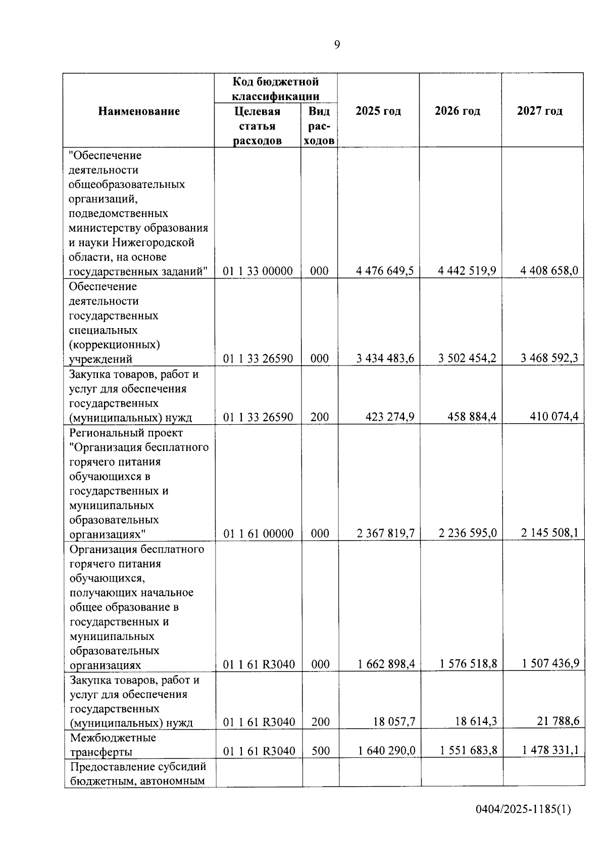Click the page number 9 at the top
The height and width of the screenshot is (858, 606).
coord(337,45)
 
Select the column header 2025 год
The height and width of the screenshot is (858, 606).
coord(378,111)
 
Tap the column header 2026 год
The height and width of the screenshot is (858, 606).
coord(458,111)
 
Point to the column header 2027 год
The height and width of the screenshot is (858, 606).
coord(540,111)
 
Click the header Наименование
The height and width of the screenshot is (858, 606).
coord(139,111)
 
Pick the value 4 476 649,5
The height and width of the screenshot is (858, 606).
coord(385,271)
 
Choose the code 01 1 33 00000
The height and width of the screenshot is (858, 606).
coord(258,271)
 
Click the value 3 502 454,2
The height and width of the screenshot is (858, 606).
coord(467,358)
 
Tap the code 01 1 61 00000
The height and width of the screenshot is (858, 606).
coord(258,533)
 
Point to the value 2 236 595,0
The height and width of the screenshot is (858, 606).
coord(468,533)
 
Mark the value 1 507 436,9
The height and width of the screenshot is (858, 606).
coord(550,663)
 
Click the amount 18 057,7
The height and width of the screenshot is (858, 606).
coord(394,721)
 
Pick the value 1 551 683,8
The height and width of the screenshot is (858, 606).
coord(468,751)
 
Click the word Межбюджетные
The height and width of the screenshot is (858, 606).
coord(113,737)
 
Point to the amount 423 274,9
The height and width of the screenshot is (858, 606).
coord(390,417)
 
